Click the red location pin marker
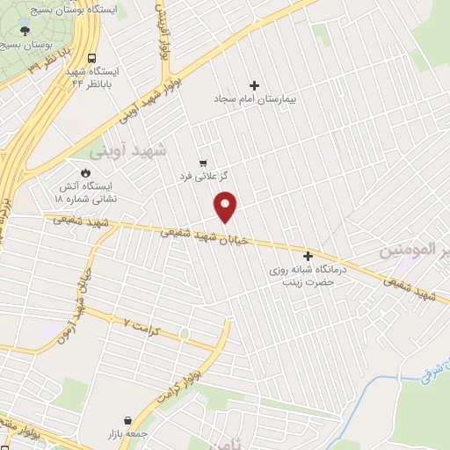tap(226, 207)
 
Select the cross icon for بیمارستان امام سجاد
tap(255, 85)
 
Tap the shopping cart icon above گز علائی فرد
tap(203, 163)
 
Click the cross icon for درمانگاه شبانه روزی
tap(308, 255)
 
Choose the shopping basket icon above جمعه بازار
tap(131, 421)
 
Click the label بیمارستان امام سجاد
tap(256, 99)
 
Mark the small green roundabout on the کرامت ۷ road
tap(185, 332)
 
